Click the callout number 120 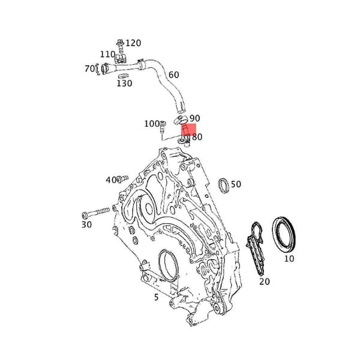tap(133, 43)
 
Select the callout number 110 tap(107, 54)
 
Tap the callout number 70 tap(89, 68)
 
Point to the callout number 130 tap(124, 83)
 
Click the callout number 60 tap(174, 74)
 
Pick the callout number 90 tap(195, 118)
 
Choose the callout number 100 tap(152, 124)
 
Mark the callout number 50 tap(236, 184)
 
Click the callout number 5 tap(157, 298)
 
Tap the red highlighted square tap(189, 130)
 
